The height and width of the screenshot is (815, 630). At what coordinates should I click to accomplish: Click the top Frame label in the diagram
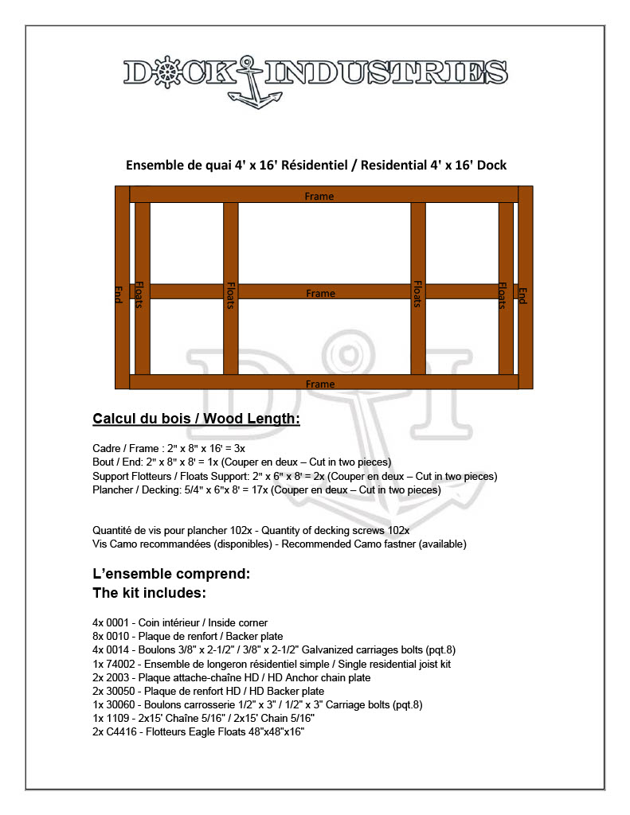point(319,196)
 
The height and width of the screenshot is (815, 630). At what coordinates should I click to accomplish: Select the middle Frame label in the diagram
point(320,294)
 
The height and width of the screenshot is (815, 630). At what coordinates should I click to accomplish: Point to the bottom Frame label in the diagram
point(320,384)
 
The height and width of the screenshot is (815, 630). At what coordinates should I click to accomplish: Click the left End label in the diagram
point(120,296)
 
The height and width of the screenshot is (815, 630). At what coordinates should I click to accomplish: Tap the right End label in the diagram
point(523,295)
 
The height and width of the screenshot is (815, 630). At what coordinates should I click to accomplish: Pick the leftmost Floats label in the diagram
point(139,295)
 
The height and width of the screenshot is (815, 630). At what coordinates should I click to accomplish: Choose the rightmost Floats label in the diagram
point(503,295)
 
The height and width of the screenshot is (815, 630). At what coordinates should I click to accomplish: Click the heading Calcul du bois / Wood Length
point(196,419)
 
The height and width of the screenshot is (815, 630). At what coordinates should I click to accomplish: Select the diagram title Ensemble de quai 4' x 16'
point(316,165)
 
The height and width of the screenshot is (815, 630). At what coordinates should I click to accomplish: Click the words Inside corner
point(237,622)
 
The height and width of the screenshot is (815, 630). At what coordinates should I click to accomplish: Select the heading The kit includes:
point(150,593)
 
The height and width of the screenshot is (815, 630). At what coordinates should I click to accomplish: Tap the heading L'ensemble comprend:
point(171,573)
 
